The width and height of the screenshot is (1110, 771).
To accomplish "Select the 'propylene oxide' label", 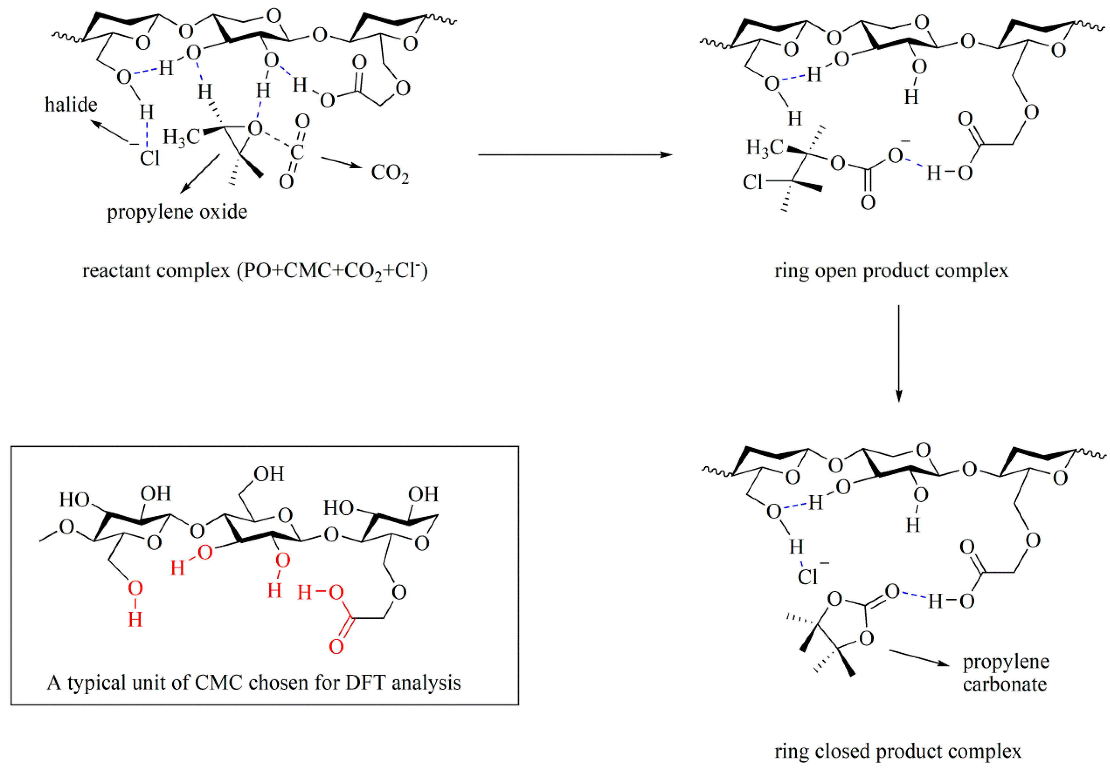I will coord(177,212).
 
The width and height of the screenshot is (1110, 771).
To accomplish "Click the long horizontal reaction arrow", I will coord(575,155).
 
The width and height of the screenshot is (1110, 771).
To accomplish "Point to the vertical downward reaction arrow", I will coord(898,353).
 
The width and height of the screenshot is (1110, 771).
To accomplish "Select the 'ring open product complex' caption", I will coord(891,270).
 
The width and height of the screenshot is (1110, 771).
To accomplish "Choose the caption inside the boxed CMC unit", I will coord(254,683).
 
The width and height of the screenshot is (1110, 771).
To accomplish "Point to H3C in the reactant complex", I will coord(181,137).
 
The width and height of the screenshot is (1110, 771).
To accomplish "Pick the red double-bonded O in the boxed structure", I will coord(336,647).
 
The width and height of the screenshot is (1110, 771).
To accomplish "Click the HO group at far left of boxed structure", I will coord(74,500).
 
